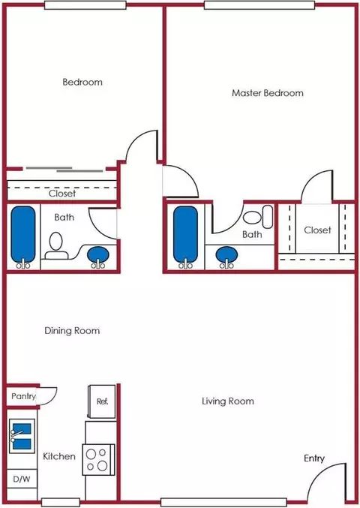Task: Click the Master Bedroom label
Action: [x=268, y=93]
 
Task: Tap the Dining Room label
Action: [x=72, y=331]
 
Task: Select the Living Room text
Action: [x=228, y=401]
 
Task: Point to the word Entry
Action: [x=314, y=458]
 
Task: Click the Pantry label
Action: [x=23, y=396]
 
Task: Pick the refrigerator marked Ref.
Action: [x=102, y=401]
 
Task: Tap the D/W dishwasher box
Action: [x=22, y=479]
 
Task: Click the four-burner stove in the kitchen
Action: [x=98, y=459]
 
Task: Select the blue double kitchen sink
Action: [x=22, y=436]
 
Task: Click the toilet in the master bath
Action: [x=258, y=216]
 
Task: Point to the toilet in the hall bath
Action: [x=56, y=246]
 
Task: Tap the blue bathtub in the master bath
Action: [x=185, y=236]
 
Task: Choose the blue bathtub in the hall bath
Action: [x=23, y=236]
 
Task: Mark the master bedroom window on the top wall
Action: [x=259, y=5]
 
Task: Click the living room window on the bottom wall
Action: [x=223, y=502]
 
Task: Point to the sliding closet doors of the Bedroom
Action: [x=64, y=170]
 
